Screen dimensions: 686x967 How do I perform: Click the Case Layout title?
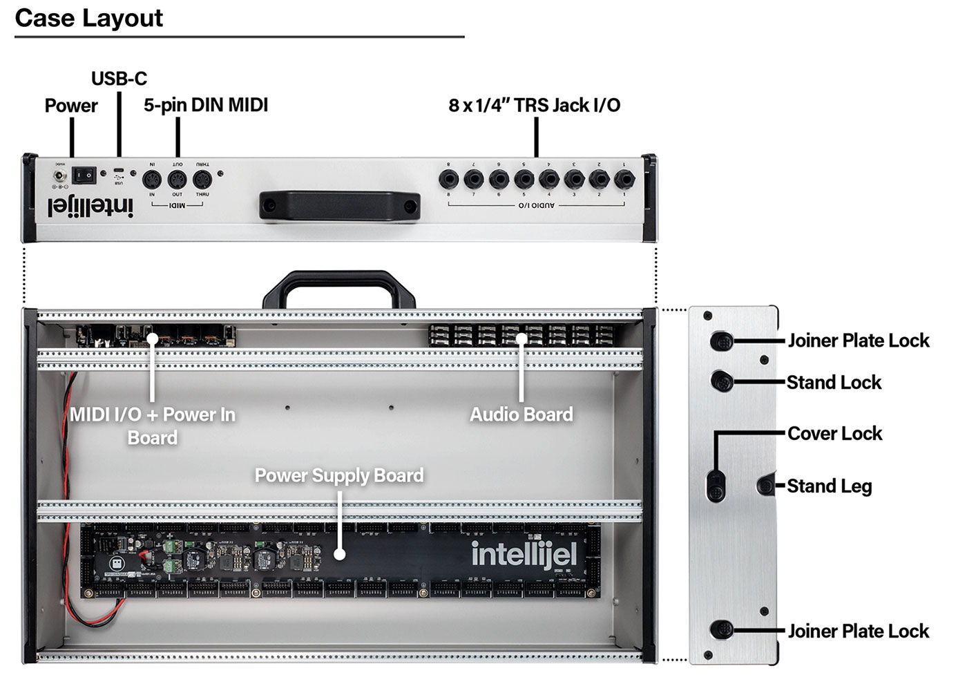tap(88, 18)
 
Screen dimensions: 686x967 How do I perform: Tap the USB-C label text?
tap(119, 79)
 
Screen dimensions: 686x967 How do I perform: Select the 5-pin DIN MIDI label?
tap(205, 106)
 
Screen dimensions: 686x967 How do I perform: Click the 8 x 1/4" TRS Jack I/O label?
tap(534, 106)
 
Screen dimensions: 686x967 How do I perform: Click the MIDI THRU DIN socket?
tap(202, 180)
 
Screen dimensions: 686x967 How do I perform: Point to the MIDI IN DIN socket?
tap(152, 180)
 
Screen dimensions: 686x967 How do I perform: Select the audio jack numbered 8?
tap(449, 180)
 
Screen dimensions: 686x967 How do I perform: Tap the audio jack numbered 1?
tap(624, 180)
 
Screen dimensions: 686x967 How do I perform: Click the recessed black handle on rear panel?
tap(340, 206)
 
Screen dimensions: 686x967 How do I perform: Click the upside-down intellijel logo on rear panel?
tap(90, 205)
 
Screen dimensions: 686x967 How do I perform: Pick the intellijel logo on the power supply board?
tap(524, 555)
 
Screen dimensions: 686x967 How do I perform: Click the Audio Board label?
tap(521, 415)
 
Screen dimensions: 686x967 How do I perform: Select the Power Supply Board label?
tap(339, 476)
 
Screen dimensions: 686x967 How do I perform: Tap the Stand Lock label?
tap(834, 383)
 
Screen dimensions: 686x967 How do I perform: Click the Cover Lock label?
tap(834, 434)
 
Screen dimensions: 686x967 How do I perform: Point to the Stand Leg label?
tap(829, 486)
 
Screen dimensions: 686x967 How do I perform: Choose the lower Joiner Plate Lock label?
tap(858, 631)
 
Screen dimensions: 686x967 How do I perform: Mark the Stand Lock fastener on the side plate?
tap(722, 381)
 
